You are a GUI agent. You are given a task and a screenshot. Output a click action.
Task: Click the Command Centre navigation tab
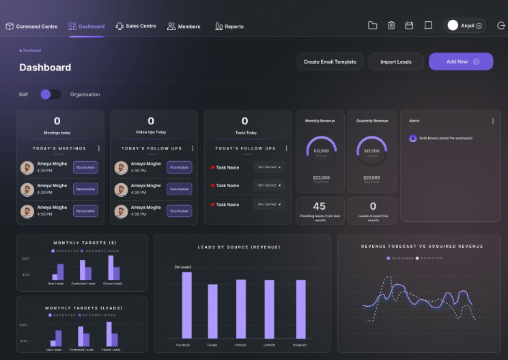pos(31,27)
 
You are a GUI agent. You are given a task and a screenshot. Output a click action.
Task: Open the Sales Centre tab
pos(136,26)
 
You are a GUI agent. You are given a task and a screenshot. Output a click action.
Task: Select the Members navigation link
pos(184,27)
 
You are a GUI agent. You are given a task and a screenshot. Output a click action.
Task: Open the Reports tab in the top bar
pos(229,27)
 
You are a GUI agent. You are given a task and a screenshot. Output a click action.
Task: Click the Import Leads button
pos(396,61)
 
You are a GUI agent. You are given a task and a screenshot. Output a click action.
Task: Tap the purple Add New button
pos(461,61)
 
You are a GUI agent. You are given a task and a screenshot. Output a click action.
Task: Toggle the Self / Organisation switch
pos(51,94)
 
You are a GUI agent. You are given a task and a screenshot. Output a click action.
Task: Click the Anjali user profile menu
pos(465,25)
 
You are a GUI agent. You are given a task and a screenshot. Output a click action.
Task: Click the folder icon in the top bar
pos(372,25)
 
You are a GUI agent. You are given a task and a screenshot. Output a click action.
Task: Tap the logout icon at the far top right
pos(501,25)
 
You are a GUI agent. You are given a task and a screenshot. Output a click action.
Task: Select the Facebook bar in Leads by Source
pos(186,305)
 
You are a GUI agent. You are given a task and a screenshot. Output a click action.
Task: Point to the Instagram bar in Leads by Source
pos(301,308)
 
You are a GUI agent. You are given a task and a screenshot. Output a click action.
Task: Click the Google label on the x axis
pos(212,345)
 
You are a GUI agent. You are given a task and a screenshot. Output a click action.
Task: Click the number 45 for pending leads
pos(319,206)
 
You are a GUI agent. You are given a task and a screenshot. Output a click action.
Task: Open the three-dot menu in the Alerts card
pos(493,121)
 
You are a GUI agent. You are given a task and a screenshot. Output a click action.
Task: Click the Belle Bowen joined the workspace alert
pos(445,138)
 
